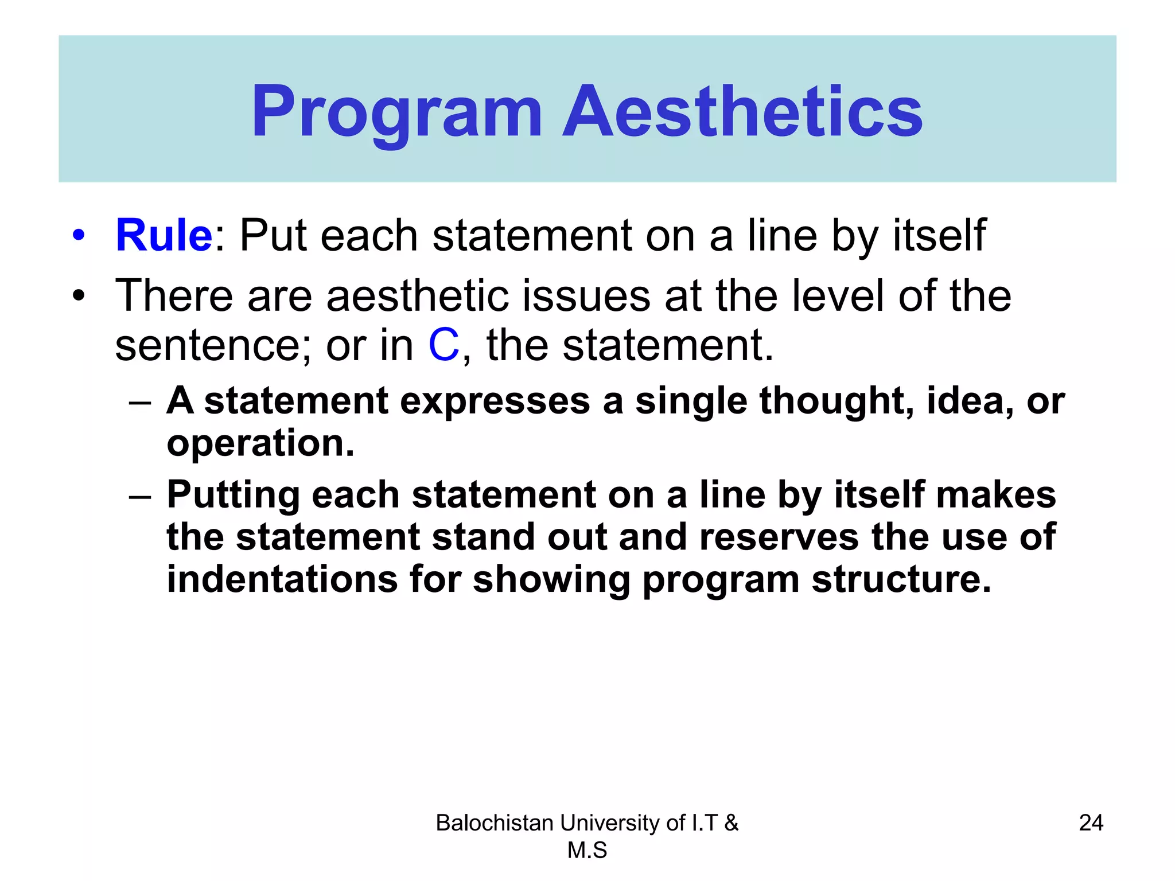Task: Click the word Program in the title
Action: pos(396,112)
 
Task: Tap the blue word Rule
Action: pos(164,236)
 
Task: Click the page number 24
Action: pos(1091,823)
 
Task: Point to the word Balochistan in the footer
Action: pos(494,823)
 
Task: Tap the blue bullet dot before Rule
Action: pos(79,236)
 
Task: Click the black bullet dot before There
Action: pos(79,297)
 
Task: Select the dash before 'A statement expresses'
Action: pos(141,401)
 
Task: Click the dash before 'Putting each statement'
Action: pos(141,496)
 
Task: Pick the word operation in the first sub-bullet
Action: pos(260,444)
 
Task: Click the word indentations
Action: pos(282,579)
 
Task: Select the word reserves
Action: pos(779,537)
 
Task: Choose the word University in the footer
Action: pos(609,823)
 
